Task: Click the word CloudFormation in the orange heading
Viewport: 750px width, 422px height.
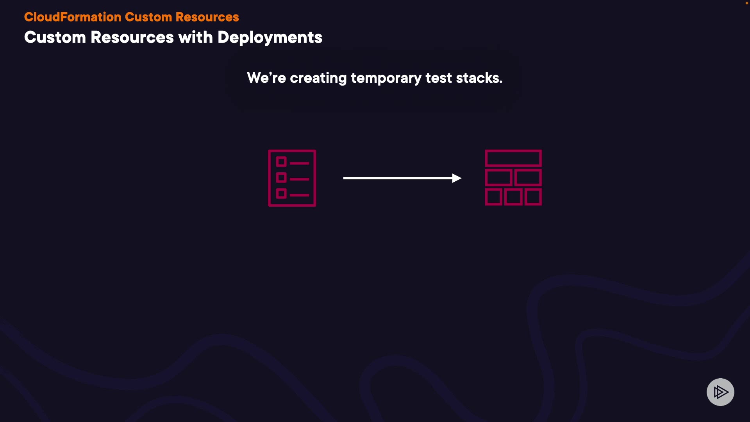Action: [x=73, y=17]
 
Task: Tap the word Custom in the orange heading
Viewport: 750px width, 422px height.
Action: [x=148, y=17]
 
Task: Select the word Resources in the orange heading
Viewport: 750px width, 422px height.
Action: [x=207, y=17]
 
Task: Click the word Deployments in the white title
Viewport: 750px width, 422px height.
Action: [x=270, y=38]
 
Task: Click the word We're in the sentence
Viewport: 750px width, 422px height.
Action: [x=266, y=78]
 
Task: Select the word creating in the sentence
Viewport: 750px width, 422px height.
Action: [x=318, y=79]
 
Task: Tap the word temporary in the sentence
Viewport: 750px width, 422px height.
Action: [x=386, y=79]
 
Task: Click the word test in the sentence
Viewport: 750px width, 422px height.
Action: [x=439, y=78]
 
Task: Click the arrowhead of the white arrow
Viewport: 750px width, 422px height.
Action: [x=457, y=178]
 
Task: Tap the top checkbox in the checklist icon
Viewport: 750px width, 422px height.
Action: [x=281, y=162]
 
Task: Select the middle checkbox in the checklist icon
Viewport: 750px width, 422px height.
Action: [x=281, y=178]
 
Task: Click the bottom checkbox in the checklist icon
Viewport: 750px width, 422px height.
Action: [x=281, y=193]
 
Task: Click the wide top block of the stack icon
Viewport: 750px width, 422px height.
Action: [x=513, y=158]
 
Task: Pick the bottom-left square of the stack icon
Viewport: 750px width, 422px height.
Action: [x=494, y=197]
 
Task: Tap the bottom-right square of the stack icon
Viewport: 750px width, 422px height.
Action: [x=533, y=197]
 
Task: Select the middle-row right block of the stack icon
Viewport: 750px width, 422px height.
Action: [x=528, y=178]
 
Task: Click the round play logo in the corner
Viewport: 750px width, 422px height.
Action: [x=720, y=392]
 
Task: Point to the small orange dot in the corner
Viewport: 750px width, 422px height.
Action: [x=746, y=3]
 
